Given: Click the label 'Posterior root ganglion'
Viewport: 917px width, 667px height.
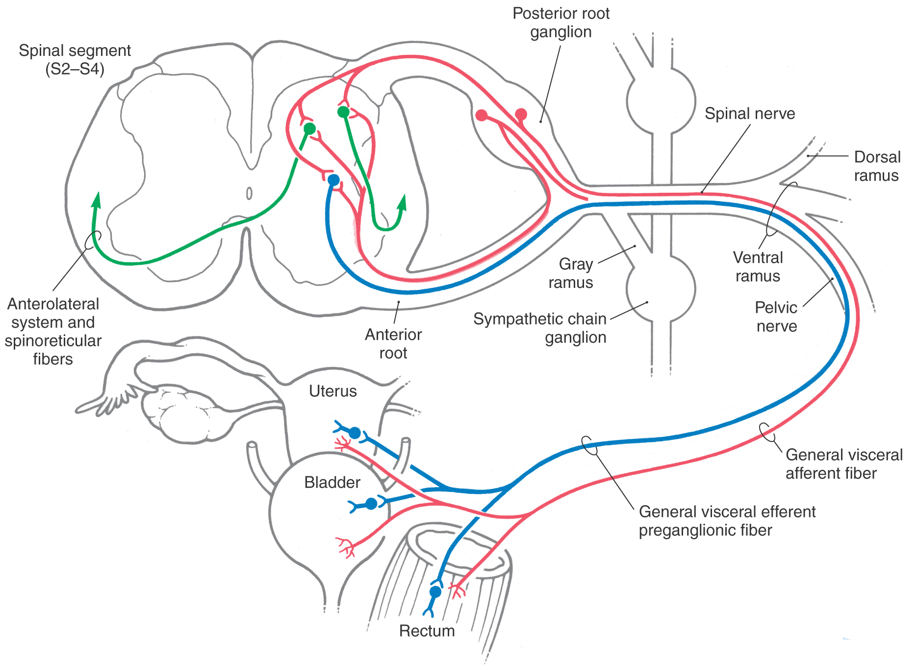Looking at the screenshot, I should click(x=561, y=23).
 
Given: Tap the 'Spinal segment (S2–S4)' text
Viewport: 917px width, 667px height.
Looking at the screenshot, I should click(x=75, y=59).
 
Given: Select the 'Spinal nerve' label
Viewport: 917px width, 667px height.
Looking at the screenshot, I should click(x=749, y=114).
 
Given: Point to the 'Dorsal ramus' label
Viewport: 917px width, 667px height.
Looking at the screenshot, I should click(x=876, y=166).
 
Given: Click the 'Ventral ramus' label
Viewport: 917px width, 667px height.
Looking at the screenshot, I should click(x=758, y=267).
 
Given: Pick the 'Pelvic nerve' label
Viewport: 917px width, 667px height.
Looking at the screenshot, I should click(x=776, y=317).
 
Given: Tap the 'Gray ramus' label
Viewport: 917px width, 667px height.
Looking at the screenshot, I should click(x=571, y=273).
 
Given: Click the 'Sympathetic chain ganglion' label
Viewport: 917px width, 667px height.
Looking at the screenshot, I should click(x=540, y=328).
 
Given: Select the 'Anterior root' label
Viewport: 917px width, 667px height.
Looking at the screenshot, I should click(x=393, y=343).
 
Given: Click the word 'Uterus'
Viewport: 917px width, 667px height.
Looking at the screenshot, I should click(x=333, y=391).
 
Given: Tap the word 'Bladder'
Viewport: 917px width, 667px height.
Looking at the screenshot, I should click(x=332, y=483).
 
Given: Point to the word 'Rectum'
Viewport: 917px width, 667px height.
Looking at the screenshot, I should click(x=427, y=631).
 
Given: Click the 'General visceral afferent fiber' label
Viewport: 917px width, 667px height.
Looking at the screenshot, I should click(x=843, y=464).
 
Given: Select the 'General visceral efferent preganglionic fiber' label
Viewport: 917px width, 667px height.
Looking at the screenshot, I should click(x=727, y=521).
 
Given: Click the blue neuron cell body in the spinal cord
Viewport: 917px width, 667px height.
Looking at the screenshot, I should click(x=333, y=180).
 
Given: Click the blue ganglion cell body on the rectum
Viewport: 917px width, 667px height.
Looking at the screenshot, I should click(x=435, y=592).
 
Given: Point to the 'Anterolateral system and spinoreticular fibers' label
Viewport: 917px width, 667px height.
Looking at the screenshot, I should click(x=53, y=332).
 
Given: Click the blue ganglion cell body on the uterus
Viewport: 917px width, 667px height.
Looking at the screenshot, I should click(x=355, y=433).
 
